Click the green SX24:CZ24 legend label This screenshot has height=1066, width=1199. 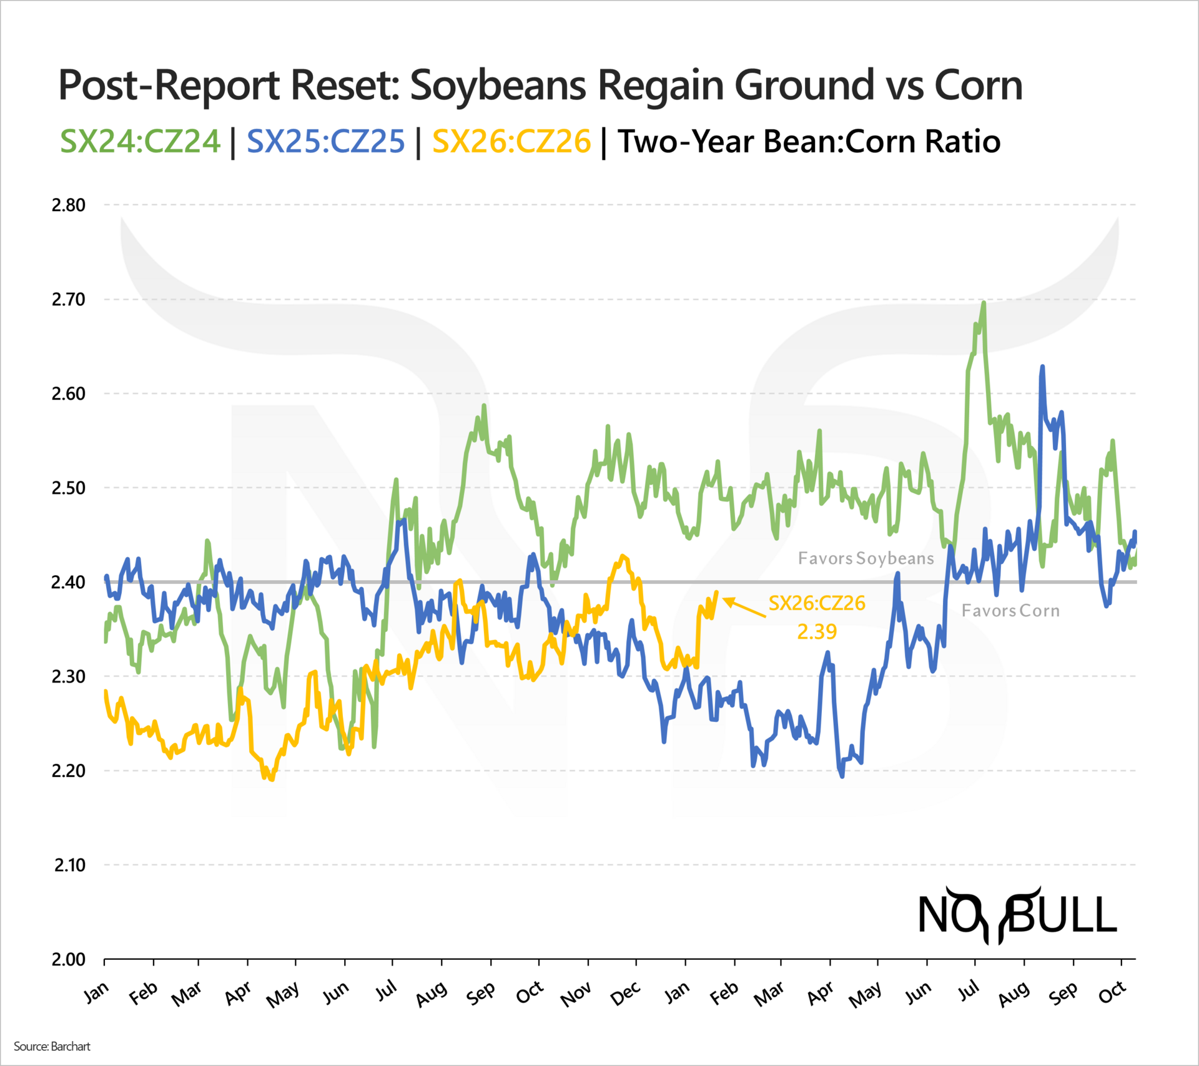click(140, 141)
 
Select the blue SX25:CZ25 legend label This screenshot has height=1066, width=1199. click(325, 141)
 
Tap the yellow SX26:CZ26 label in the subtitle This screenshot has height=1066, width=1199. click(511, 141)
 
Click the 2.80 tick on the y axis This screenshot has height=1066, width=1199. click(68, 205)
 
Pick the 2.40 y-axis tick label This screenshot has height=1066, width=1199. click(68, 582)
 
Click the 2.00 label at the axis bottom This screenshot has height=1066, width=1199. click(68, 959)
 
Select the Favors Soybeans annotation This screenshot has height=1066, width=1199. click(866, 558)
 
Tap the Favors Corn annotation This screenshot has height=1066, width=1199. click(1010, 611)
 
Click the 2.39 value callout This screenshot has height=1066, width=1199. click(816, 631)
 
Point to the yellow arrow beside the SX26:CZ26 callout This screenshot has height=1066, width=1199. click(744, 608)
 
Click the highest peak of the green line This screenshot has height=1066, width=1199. click(984, 303)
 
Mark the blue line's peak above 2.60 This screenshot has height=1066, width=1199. click(1042, 367)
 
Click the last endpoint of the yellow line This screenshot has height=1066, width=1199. click(716, 592)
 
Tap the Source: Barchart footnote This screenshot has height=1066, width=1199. click(52, 1046)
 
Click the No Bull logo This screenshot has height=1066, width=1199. click(1017, 915)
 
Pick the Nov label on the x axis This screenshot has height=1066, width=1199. click(575, 994)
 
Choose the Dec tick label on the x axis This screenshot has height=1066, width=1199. click(625, 993)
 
